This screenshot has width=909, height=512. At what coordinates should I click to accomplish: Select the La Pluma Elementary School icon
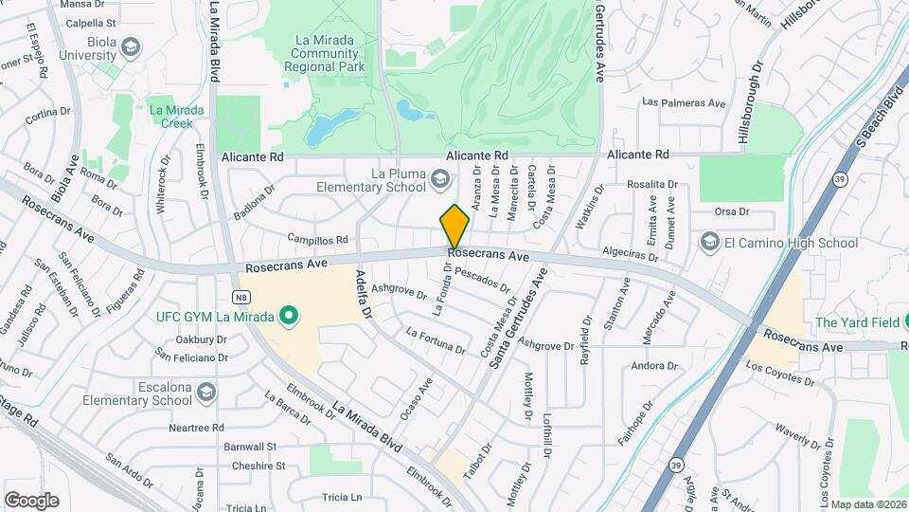tap(440, 179)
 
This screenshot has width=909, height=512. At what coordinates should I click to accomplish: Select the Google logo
tap(31, 500)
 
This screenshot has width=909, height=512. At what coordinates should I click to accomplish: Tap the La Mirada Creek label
tap(176, 117)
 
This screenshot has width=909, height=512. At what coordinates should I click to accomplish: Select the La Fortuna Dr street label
tap(436, 340)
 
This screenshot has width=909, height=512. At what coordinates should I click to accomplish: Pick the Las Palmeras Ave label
tap(683, 102)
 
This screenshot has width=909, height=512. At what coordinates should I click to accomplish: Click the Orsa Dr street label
tap(732, 211)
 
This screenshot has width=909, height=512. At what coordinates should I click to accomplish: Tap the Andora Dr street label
tap(652, 365)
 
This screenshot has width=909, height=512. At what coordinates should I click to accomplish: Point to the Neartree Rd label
tap(196, 428)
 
